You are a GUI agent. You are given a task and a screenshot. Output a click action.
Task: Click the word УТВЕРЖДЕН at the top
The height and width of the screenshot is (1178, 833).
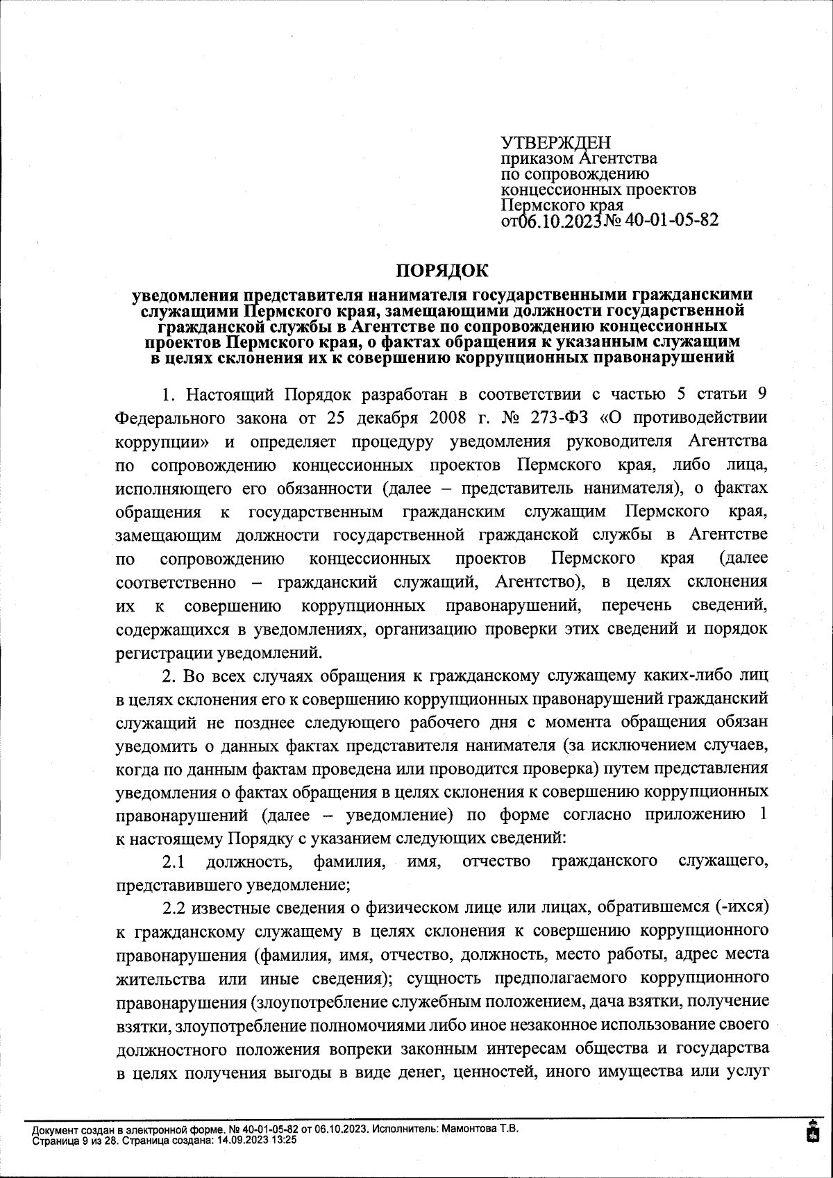coord(556,143)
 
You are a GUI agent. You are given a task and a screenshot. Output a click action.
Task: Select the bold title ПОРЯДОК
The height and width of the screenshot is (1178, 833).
coord(441,269)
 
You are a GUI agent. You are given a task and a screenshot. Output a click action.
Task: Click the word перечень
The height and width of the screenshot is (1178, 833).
coord(637,605)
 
